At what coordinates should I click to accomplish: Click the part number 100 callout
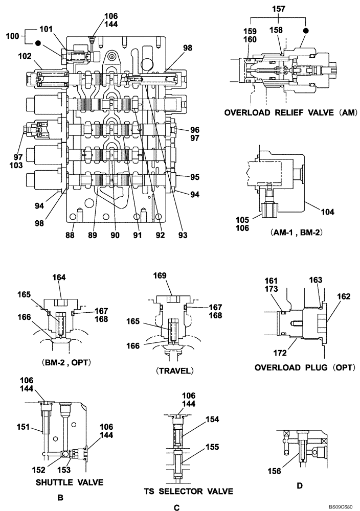tap(12, 36)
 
